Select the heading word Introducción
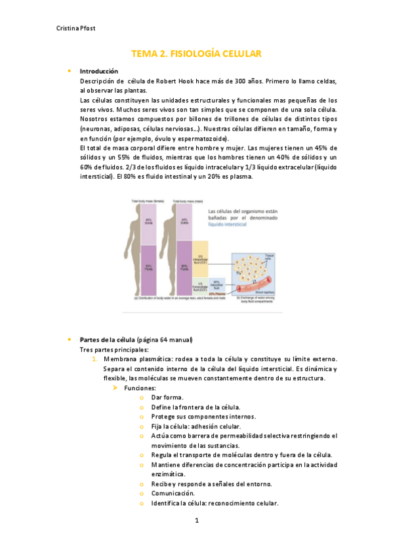pos(98,71)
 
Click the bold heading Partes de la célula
pos(108,340)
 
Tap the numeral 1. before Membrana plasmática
pos(94,359)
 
